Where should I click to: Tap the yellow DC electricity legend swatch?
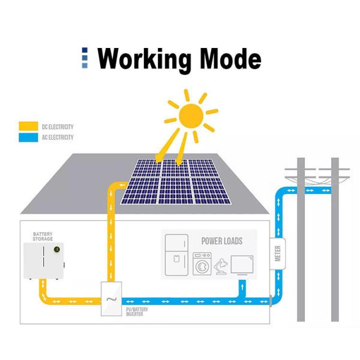(x=28, y=127)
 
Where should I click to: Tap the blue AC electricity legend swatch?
(x=28, y=137)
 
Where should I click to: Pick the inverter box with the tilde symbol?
(x=111, y=298)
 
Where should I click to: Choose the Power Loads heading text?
(x=222, y=241)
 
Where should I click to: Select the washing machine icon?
(x=202, y=263)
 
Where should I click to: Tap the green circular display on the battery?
(x=57, y=248)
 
